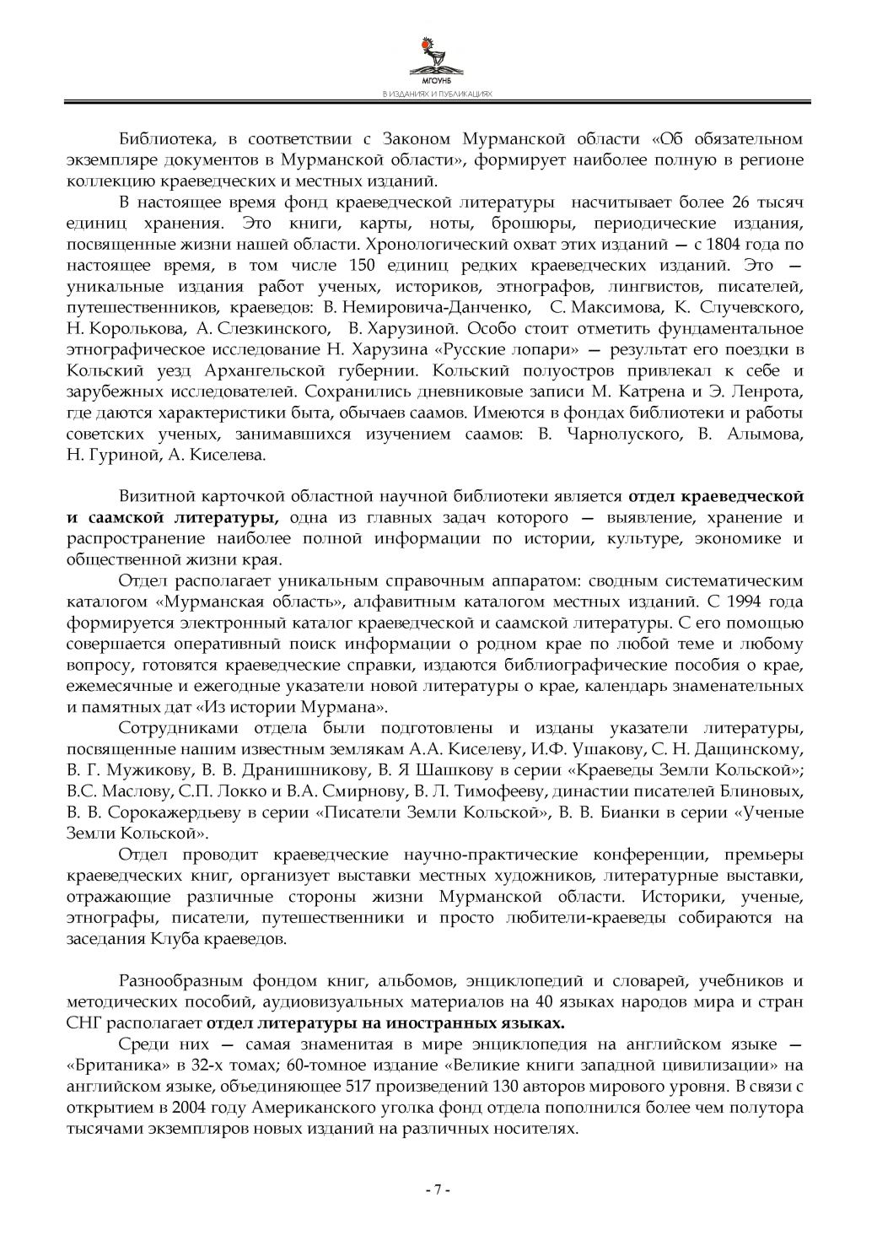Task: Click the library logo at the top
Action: click(x=437, y=59)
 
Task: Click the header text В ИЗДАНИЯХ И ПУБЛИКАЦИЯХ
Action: click(x=437, y=95)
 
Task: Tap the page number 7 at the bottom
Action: click(x=438, y=1190)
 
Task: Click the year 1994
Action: click(x=740, y=602)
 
